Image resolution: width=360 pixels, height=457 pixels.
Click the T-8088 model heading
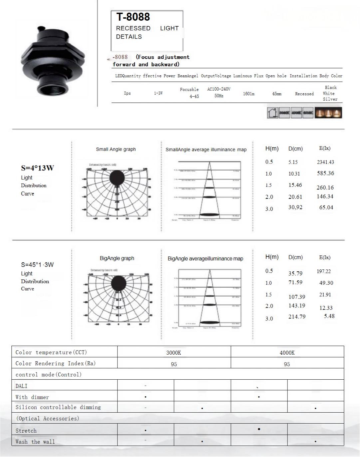(x=133, y=17)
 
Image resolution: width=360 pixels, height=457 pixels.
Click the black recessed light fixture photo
(x=52, y=60)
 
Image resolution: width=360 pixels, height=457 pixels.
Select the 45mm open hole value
(x=277, y=94)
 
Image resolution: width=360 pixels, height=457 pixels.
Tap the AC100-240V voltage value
(x=219, y=89)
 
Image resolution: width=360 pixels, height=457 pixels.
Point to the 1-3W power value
(x=158, y=93)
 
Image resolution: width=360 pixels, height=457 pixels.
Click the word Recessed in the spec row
(x=304, y=94)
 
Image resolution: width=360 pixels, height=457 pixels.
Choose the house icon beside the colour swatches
(x=272, y=113)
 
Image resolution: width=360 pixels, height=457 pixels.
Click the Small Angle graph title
(x=116, y=149)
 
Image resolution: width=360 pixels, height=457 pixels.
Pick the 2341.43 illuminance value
(x=325, y=162)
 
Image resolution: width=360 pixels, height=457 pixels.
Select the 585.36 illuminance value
(x=325, y=173)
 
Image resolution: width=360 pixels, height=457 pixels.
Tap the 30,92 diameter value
(x=295, y=207)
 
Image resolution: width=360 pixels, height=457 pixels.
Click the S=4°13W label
(x=37, y=168)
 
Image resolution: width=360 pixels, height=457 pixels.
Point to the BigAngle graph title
(x=117, y=258)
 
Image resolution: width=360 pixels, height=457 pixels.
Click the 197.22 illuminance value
(x=324, y=272)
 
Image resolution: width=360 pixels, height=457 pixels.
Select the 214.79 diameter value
(x=297, y=317)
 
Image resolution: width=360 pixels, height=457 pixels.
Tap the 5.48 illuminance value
(x=329, y=316)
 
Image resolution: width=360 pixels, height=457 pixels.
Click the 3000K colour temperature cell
(x=174, y=353)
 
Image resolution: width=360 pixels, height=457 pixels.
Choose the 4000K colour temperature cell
(x=287, y=353)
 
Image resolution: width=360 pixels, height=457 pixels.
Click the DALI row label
(x=22, y=386)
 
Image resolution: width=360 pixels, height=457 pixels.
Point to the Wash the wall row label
(x=35, y=442)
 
